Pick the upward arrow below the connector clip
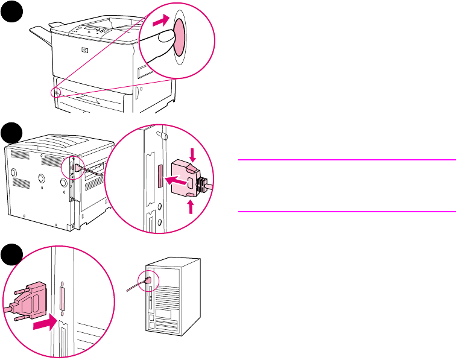click(x=191, y=206)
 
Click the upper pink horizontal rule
click(x=346, y=160)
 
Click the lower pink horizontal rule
click(x=346, y=211)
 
